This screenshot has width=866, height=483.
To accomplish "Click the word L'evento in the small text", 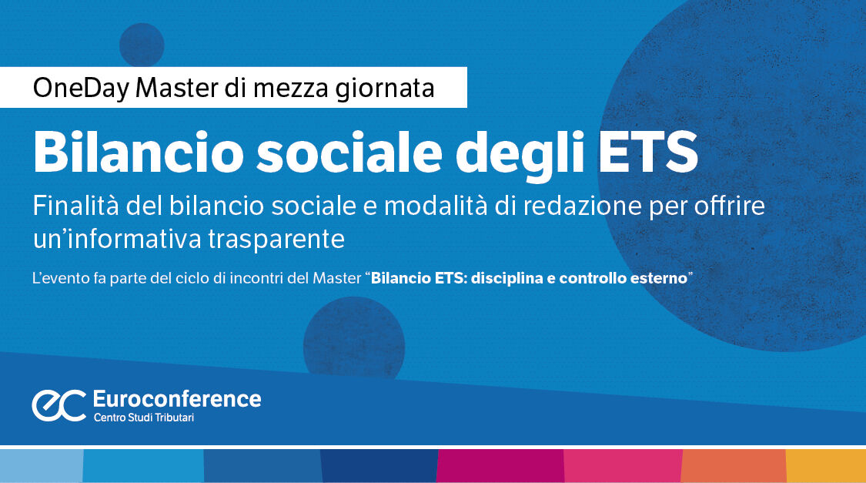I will click(60, 278).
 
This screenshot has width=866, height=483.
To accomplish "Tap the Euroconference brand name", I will click(176, 398).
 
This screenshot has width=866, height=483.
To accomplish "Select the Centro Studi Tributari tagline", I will click(149, 418).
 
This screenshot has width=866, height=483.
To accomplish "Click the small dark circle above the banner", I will click(142, 45).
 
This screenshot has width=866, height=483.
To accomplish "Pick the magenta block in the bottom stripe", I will click(500, 466).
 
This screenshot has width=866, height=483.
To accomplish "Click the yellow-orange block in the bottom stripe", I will click(826, 466).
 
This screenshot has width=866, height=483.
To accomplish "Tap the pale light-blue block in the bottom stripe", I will click(41, 466).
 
